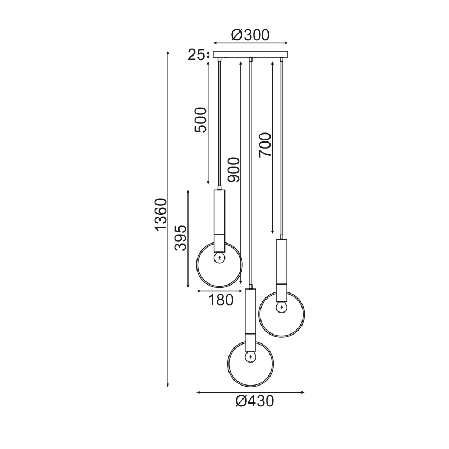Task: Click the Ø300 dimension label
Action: point(250,35)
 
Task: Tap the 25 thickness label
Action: point(196,55)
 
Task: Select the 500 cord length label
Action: point(200,120)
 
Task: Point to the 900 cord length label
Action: point(233,170)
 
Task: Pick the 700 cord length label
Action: point(264,145)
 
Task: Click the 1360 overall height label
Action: point(161,214)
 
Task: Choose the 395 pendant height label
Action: point(181,238)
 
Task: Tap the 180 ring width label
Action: point(221,300)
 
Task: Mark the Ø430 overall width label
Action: point(255,401)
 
